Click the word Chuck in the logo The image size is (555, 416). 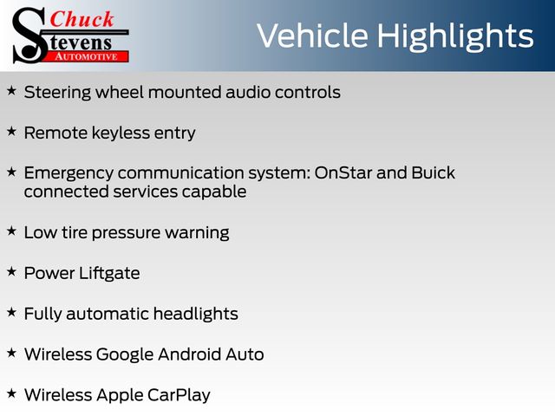82,19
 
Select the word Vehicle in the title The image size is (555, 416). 312,36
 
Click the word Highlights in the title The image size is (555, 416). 454,37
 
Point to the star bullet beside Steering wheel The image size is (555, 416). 11,91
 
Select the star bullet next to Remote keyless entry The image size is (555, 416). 11,132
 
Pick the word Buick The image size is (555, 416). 434,173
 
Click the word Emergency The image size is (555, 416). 69,174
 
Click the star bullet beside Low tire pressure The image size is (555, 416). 11,231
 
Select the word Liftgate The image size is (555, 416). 109,274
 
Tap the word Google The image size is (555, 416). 125,354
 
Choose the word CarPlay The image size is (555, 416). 179,395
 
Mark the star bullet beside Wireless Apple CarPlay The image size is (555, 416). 11,393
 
